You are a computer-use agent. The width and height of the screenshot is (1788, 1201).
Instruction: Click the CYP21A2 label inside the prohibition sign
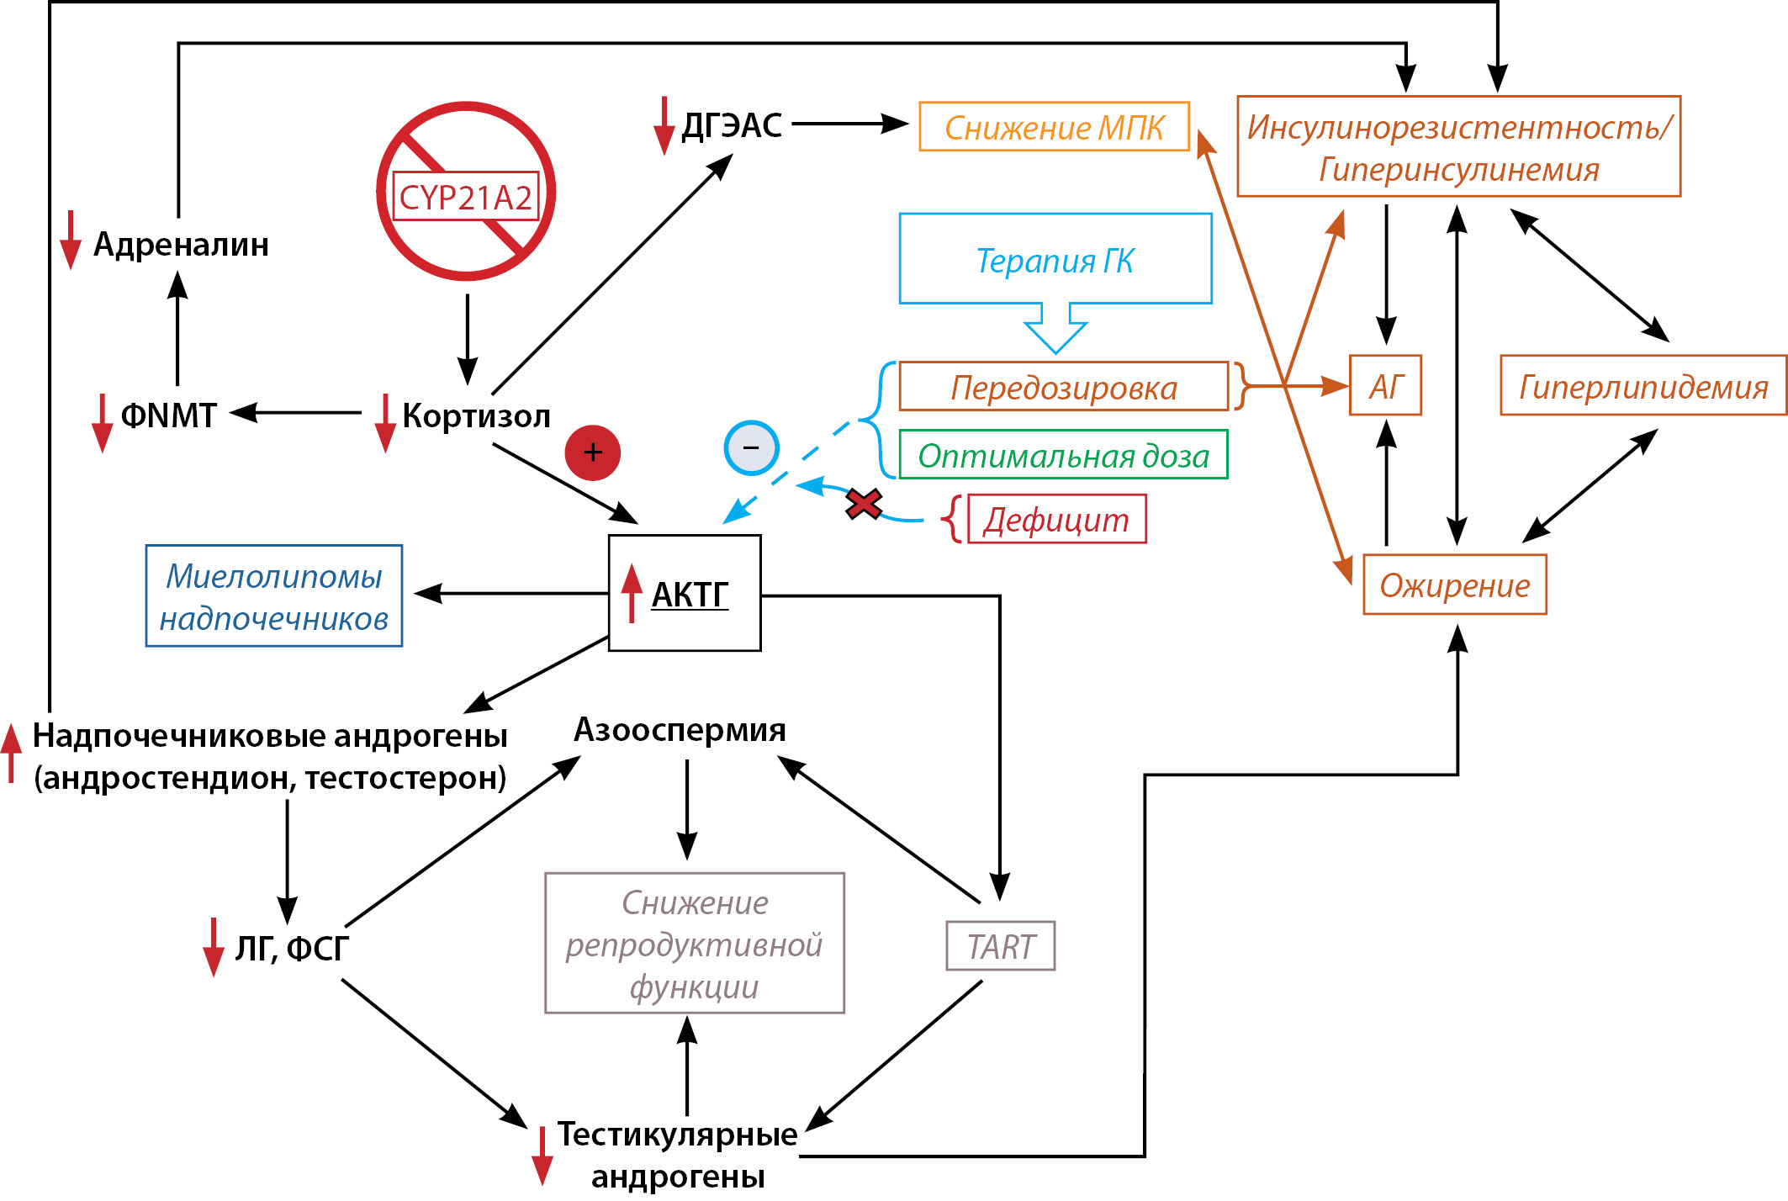[x=465, y=197]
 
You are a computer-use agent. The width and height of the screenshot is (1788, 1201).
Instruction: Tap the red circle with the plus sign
[x=592, y=452]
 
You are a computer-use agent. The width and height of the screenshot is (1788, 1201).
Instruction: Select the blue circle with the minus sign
[x=751, y=447]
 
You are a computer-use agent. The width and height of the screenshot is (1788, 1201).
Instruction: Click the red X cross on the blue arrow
[x=864, y=504]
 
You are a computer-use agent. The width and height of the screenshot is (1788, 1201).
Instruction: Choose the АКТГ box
[x=685, y=593]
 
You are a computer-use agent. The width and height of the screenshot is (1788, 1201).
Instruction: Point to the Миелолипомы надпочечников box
[x=274, y=596]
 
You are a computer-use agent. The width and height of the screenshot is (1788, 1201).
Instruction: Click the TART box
[x=1000, y=946]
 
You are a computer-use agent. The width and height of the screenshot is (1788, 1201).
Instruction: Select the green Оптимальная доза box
[x=1063, y=455]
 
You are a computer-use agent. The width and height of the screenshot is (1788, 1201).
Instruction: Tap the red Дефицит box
[x=1056, y=520]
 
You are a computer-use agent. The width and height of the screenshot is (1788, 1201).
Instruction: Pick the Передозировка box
[x=1063, y=387]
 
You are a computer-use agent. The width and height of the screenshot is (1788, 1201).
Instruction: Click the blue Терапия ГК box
[x=1055, y=259]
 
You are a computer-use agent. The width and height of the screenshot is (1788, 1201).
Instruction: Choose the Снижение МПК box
[x=1054, y=127]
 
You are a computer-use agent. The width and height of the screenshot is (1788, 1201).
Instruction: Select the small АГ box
[x=1385, y=386]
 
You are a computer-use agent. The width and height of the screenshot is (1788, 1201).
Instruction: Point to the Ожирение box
[x=1454, y=585]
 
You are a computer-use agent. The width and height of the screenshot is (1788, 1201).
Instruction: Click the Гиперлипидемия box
[x=1643, y=386]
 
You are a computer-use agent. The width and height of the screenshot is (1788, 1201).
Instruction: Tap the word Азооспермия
[x=680, y=729]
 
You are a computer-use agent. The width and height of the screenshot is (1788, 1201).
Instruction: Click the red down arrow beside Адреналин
[x=71, y=241]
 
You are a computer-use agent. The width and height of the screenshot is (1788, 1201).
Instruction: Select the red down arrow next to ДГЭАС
[x=664, y=126]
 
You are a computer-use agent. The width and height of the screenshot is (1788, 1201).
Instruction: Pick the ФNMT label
[x=168, y=415]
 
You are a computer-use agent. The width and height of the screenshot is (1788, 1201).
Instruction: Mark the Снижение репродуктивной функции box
[x=694, y=943]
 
